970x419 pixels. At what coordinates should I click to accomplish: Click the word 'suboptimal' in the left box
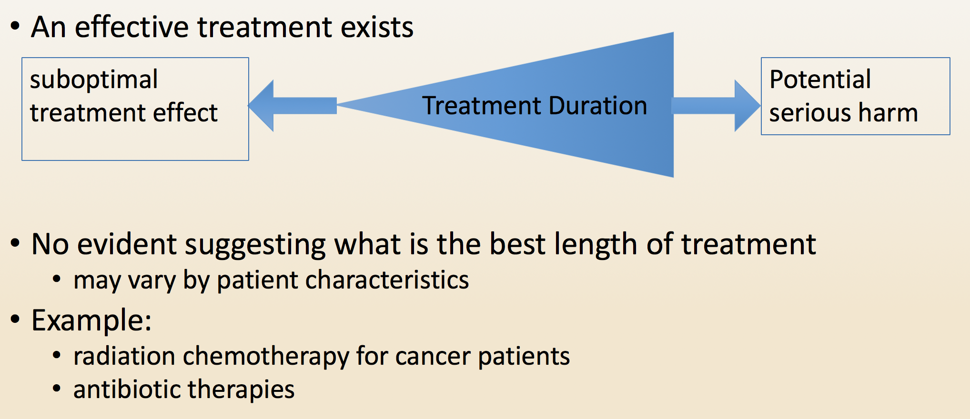click(x=93, y=80)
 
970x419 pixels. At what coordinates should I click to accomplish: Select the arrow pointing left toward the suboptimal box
click(x=293, y=106)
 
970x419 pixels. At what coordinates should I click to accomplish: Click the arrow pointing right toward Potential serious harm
click(x=716, y=106)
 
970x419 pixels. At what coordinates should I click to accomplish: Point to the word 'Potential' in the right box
click(x=820, y=79)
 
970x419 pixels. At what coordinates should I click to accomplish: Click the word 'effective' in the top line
click(x=132, y=27)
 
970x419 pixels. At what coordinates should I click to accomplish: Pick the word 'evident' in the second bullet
click(x=127, y=244)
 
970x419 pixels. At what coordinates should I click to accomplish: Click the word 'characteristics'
click(x=387, y=279)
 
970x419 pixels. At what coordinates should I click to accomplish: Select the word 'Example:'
click(x=91, y=320)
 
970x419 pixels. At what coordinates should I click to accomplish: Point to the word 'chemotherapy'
click(x=266, y=356)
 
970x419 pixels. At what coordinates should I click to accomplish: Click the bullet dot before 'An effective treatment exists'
click(x=15, y=27)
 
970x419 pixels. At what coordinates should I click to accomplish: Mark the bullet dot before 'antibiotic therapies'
click(x=57, y=389)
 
